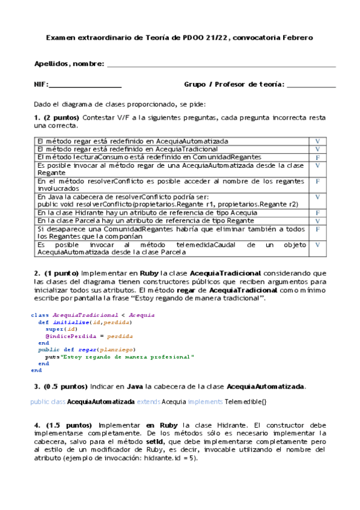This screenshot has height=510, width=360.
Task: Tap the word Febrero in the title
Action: [x=294, y=38]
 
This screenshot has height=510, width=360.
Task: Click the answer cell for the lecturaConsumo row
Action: [x=317, y=157]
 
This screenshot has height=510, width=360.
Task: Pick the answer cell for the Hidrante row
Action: [x=317, y=213]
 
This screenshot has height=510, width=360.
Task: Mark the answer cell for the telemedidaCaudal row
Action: [x=317, y=245]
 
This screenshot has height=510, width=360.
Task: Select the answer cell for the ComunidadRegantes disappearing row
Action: [x=317, y=229]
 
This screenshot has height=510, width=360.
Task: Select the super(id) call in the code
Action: [x=58, y=330]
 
